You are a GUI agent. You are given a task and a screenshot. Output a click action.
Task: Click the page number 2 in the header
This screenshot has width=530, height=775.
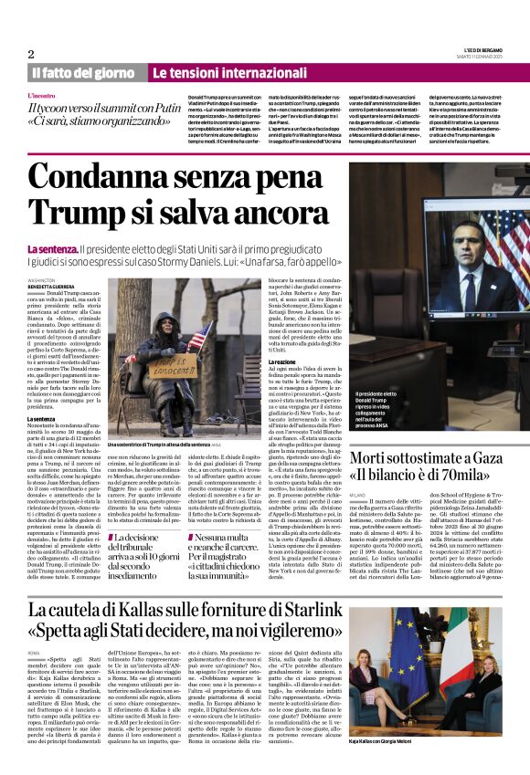[30, 54]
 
